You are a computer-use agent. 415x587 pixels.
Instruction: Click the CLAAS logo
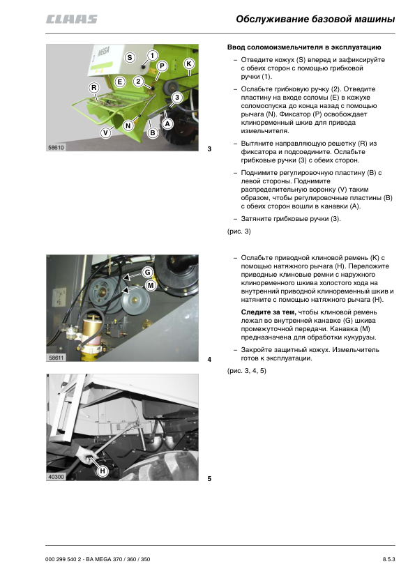(72, 19)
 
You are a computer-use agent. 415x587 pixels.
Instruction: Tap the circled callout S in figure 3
(130, 57)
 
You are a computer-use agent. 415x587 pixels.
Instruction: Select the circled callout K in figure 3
(189, 63)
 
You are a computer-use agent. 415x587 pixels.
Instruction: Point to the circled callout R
(93, 88)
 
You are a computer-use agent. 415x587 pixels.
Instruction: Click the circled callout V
(105, 132)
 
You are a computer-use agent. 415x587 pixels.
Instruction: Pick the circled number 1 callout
(152, 55)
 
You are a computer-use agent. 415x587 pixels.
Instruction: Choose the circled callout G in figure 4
(148, 272)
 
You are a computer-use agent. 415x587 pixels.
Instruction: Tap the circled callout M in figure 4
(151, 286)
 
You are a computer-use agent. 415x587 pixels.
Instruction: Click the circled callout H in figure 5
(103, 471)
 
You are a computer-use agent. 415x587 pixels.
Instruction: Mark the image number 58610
(56, 148)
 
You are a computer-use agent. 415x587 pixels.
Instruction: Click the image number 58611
(56, 358)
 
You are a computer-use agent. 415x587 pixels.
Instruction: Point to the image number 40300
(56, 477)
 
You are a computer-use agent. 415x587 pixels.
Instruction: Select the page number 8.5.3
(388, 559)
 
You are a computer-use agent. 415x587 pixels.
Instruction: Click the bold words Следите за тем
(269, 312)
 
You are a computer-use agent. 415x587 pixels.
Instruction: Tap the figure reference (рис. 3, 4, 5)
(246, 371)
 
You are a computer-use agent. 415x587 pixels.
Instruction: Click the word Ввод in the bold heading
(236, 47)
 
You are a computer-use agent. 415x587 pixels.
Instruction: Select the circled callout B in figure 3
(153, 132)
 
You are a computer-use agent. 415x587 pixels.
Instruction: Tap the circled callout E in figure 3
(119, 82)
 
